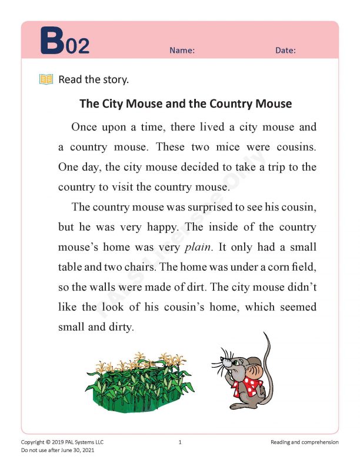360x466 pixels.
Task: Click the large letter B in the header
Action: coord(51,41)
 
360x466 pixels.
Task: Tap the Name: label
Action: coord(182,51)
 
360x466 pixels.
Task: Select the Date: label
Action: coord(285,51)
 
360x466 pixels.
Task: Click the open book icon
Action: coord(46,79)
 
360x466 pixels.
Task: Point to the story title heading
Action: coord(185,104)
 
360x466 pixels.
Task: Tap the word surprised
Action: coord(189,207)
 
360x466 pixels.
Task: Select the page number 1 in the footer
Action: coord(180,442)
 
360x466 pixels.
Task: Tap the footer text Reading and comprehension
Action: coord(305,442)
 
